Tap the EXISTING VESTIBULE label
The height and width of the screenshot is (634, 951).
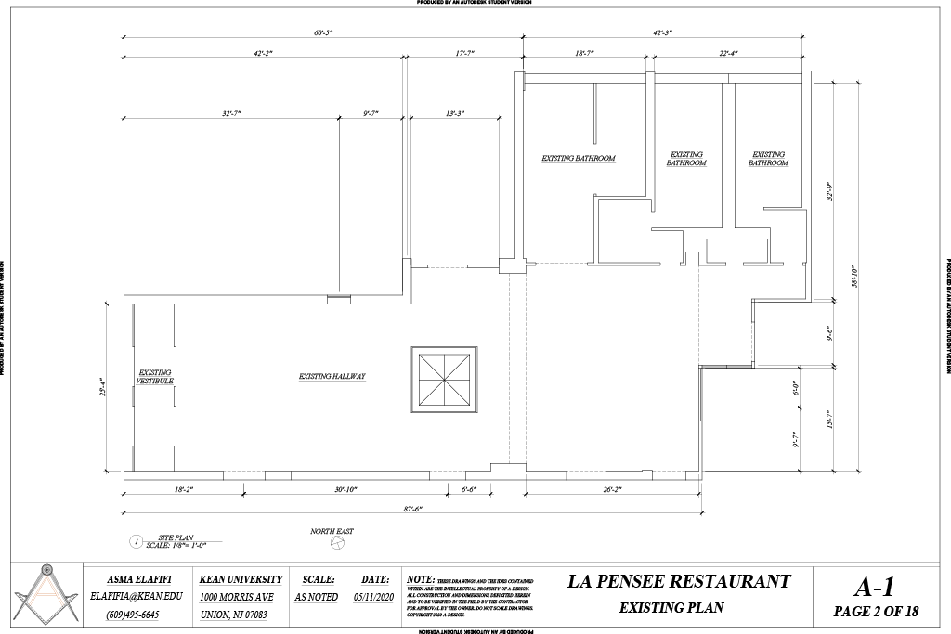click(x=154, y=377)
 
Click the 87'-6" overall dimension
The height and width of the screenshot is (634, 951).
click(x=414, y=508)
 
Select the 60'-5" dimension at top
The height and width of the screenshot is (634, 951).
click(x=323, y=32)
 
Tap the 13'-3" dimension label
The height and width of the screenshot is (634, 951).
click(x=455, y=113)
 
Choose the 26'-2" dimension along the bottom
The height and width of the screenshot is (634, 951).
click(x=611, y=488)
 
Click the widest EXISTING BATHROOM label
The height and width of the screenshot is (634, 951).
click(x=579, y=159)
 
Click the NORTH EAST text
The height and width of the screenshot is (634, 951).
click(x=332, y=532)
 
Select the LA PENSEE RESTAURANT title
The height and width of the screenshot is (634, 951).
click(x=679, y=582)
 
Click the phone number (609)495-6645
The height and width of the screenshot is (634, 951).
click(x=132, y=615)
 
